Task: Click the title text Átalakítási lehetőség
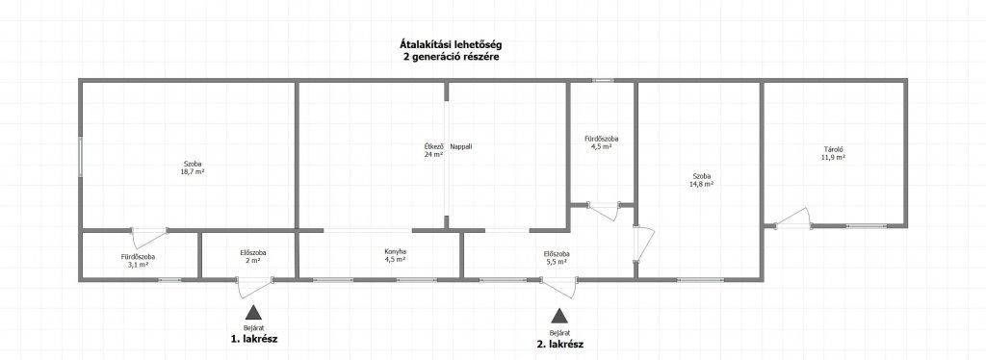coord(451,44)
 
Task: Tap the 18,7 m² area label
coord(193,171)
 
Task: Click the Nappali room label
coord(461,147)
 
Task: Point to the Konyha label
coord(395,252)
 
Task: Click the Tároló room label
coord(833,149)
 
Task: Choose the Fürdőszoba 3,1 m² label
coord(139,261)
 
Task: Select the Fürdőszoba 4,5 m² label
coord(601,142)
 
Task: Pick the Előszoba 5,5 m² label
coord(558,258)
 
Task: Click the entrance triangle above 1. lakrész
coord(253,312)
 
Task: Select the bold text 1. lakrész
coord(254,339)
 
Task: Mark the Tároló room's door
coord(793,218)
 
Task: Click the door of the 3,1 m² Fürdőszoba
coord(149,237)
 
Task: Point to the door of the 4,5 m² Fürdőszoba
coord(604,211)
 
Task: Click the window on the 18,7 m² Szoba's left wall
coord(81,157)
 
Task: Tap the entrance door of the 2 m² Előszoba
coord(254,286)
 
